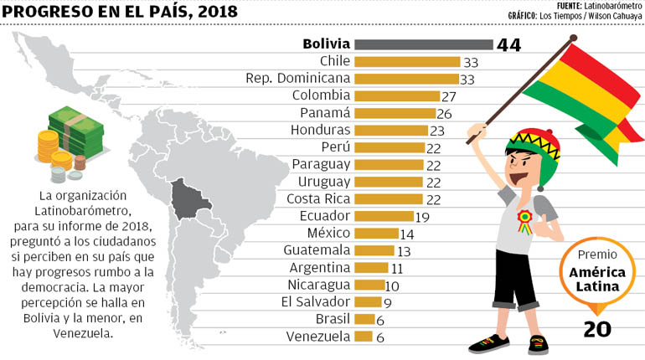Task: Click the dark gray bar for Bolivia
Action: [423, 44]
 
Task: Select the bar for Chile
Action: [407, 61]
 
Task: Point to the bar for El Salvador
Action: [368, 302]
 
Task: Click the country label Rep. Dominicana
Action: [297, 79]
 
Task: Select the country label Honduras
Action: [320, 131]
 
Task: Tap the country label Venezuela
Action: [317, 337]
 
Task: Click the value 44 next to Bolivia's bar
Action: [508, 45]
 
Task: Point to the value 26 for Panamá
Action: [446, 114]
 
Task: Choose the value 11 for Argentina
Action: [398, 268]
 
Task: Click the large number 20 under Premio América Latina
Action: [596, 330]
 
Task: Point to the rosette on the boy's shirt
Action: [524, 219]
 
